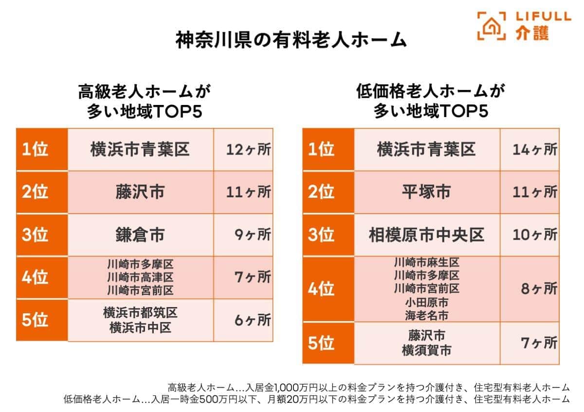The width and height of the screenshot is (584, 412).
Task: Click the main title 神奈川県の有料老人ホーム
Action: coord(291,40)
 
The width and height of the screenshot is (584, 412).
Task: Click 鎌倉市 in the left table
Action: coord(140,235)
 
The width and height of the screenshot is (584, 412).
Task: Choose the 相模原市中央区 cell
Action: coord(426,235)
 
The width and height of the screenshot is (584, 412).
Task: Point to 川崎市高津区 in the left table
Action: coord(140,277)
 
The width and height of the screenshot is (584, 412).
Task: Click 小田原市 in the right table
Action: coord(426,302)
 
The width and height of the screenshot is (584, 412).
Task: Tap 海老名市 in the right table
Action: coord(426,315)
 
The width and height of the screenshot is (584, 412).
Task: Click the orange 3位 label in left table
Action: coord(42,235)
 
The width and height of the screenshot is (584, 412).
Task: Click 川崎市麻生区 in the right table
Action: coord(426,263)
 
